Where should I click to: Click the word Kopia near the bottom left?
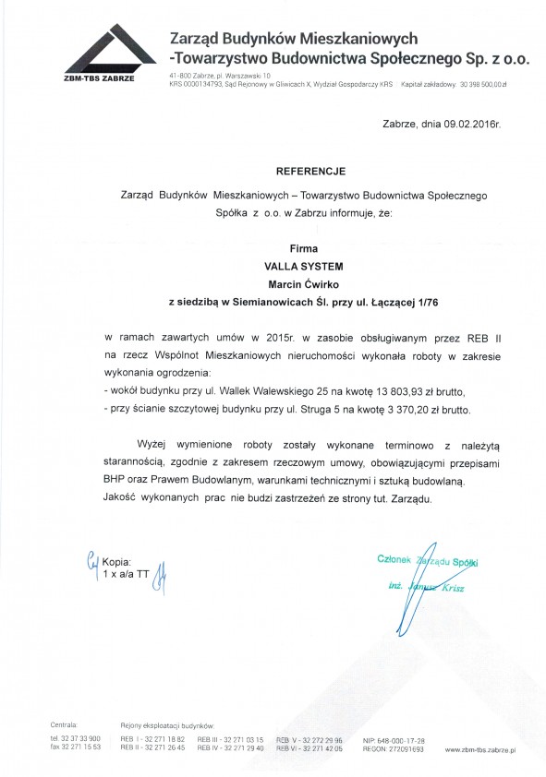pos(118,561)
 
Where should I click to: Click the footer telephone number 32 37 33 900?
pos(78,740)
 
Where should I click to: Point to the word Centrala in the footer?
pos(65,726)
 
